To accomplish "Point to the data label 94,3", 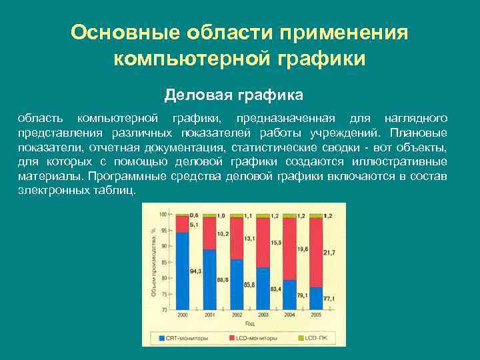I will coord(195,271).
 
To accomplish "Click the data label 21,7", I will coord(329,252).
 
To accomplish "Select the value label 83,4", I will coord(275,288).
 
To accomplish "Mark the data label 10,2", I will coord(223,234).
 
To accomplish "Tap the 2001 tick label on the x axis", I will coord(209,315).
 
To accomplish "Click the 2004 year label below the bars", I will coord(289,315).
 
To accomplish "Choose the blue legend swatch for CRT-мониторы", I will coord(162,339).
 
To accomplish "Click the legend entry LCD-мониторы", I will coord(257,339).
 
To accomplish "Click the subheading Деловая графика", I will coord(233,95).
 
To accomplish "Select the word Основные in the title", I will coord(127,32).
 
